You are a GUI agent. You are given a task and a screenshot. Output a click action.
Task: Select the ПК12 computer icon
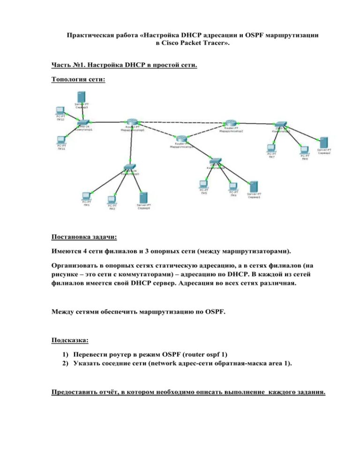tap(60, 111)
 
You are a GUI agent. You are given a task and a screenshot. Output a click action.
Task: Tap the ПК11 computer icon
tap(60, 139)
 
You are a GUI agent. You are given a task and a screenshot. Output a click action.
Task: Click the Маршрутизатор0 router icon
tap(132, 122)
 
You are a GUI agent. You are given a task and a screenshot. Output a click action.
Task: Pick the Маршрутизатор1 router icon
tap(181, 139)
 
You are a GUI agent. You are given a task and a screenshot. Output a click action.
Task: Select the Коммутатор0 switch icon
tap(130, 167)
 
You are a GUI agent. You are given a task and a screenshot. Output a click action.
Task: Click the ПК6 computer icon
tap(233, 186)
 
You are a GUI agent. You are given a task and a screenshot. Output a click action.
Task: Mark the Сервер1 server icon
tap(254, 186)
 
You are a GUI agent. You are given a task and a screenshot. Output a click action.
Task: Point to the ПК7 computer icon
tap(271, 148)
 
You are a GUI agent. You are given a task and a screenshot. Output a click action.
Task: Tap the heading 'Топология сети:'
tap(78, 79)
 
